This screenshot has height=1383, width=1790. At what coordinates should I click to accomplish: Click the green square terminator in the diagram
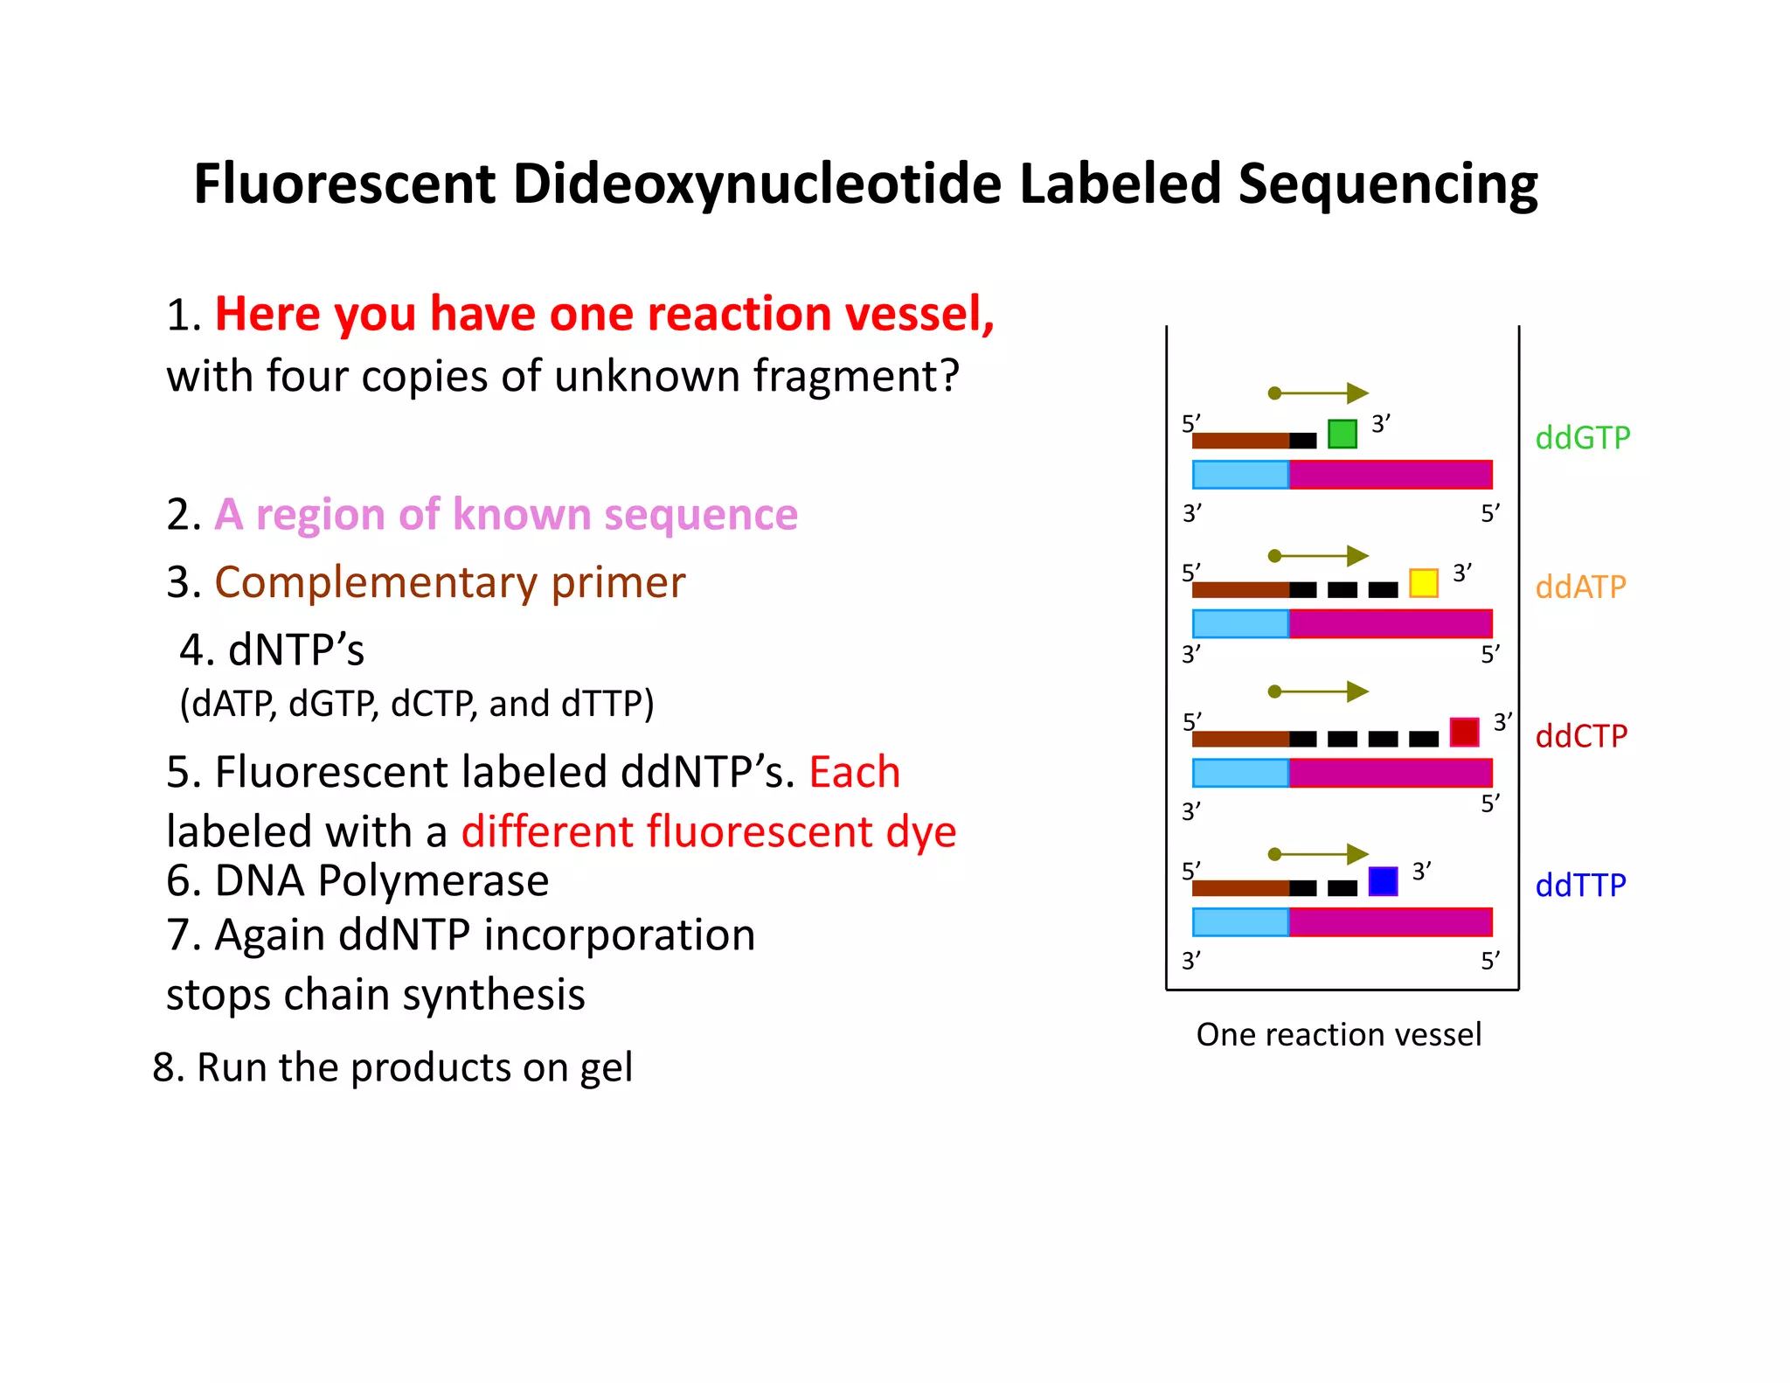(1342, 434)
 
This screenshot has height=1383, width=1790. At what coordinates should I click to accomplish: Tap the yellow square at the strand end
(1423, 583)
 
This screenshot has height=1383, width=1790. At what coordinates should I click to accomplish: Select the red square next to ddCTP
(1464, 732)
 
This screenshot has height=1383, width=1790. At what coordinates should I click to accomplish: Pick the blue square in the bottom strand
(1383, 881)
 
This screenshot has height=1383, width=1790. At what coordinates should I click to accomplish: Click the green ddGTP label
(1583, 437)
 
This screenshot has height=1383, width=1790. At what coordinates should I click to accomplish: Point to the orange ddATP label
(1580, 587)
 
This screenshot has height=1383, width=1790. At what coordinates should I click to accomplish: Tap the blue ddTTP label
(1580, 886)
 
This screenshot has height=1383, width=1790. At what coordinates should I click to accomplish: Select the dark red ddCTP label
(1581, 736)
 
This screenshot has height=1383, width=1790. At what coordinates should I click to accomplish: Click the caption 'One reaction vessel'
(1338, 1034)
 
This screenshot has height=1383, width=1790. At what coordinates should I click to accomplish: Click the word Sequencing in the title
(1387, 185)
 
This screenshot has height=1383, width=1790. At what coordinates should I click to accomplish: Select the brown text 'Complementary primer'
(449, 582)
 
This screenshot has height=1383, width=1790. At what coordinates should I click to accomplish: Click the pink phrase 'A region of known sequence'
(506, 514)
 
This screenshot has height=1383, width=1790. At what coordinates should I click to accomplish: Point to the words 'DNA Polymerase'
(381, 880)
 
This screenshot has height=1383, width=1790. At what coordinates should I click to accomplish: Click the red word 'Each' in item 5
(854, 772)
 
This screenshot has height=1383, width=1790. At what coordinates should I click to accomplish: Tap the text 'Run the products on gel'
(414, 1067)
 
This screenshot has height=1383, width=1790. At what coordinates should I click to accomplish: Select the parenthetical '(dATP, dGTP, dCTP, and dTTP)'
(417, 704)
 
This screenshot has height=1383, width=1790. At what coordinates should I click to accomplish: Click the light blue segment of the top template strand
(1240, 475)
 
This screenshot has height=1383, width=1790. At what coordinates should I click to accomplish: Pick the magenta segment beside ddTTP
(1390, 922)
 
